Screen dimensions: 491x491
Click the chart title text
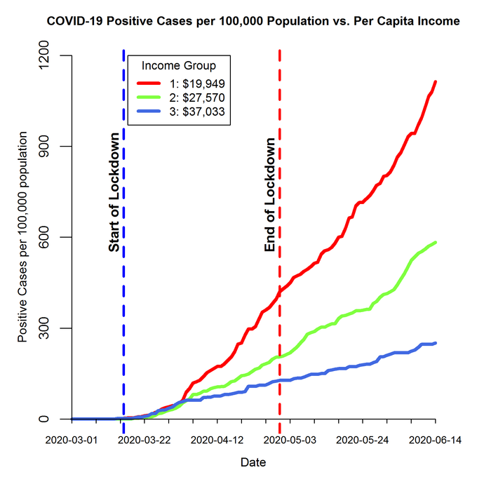pos(253,21)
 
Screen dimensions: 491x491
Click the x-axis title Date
pos(253,463)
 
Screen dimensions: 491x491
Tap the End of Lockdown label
pos(269,195)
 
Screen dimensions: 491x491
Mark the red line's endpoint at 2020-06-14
pos(436,81)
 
